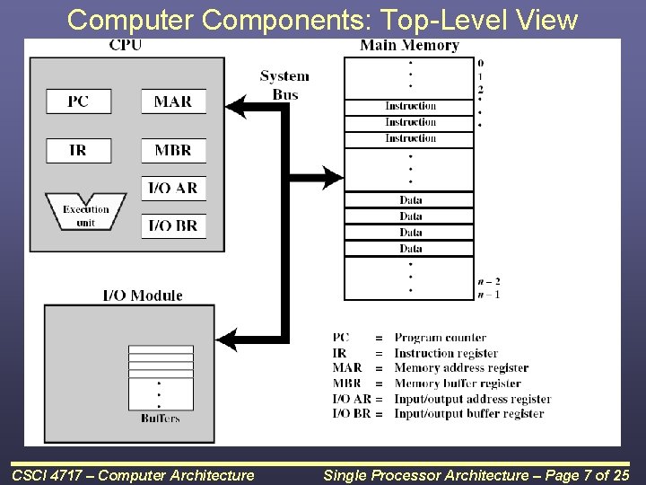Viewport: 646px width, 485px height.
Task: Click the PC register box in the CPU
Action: pyautogui.click(x=78, y=101)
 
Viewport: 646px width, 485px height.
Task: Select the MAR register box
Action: pyautogui.click(x=173, y=101)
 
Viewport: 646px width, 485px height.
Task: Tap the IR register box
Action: pyautogui.click(x=78, y=150)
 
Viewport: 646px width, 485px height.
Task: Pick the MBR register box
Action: pyautogui.click(x=173, y=150)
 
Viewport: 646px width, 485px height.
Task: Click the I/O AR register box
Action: pyautogui.click(x=173, y=188)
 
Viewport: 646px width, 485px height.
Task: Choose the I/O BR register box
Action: pyautogui.click(x=173, y=225)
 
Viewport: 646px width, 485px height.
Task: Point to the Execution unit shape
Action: pyautogui.click(x=85, y=214)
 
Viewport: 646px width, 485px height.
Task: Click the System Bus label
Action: pyautogui.click(x=284, y=85)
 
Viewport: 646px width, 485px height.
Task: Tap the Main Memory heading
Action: pyautogui.click(x=409, y=45)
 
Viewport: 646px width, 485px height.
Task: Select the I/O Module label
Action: pyautogui.click(x=143, y=295)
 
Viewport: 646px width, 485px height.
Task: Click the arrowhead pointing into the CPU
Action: pyautogui.click(x=236, y=107)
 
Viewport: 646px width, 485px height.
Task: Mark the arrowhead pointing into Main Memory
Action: pyautogui.click(x=333, y=177)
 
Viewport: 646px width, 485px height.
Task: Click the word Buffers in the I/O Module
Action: pyautogui.click(x=161, y=418)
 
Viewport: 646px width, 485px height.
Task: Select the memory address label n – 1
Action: pyautogui.click(x=489, y=294)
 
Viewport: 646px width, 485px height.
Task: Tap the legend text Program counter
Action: pyautogui.click(x=440, y=338)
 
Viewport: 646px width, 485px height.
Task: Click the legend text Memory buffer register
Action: pyautogui.click(x=457, y=384)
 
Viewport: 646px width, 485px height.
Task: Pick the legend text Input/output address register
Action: pyautogui.click(x=472, y=399)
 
